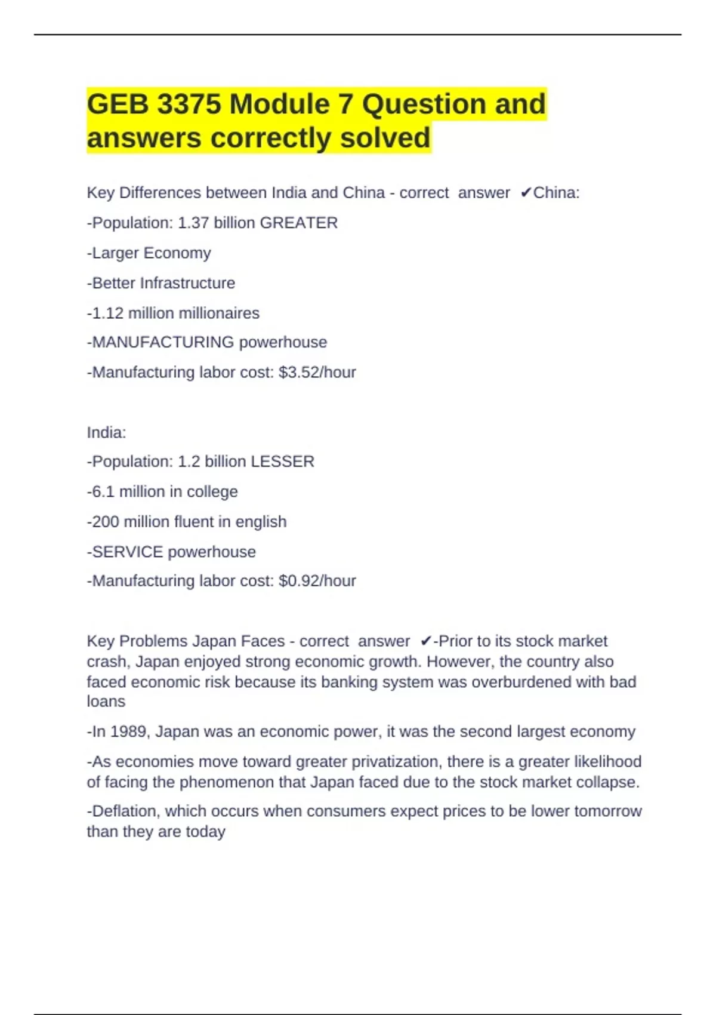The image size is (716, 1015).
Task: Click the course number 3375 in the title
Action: pyautogui.click(x=189, y=104)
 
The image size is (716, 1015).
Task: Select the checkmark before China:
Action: pyautogui.click(x=526, y=193)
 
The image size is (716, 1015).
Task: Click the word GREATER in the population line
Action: pyautogui.click(x=299, y=223)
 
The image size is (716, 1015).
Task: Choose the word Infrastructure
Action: pyautogui.click(x=187, y=283)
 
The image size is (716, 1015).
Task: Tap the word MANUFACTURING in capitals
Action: pyautogui.click(x=163, y=342)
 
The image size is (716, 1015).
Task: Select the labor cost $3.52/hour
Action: pyautogui.click(x=317, y=373)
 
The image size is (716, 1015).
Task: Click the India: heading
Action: pyautogui.click(x=106, y=432)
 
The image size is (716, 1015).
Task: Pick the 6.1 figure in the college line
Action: pyautogui.click(x=103, y=491)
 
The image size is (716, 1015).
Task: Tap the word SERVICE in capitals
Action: pyautogui.click(x=128, y=552)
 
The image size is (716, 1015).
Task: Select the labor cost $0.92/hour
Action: pyautogui.click(x=317, y=581)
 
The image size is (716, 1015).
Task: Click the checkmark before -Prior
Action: pyautogui.click(x=425, y=641)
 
